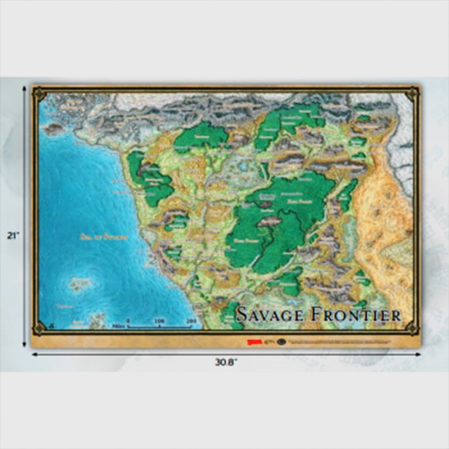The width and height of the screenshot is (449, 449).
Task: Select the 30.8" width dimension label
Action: click(x=224, y=365)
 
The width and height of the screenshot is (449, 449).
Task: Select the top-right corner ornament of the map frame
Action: click(x=410, y=95)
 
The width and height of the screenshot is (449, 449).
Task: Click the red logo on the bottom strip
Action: click(x=253, y=341)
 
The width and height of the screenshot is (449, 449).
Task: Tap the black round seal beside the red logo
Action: click(x=280, y=341)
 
